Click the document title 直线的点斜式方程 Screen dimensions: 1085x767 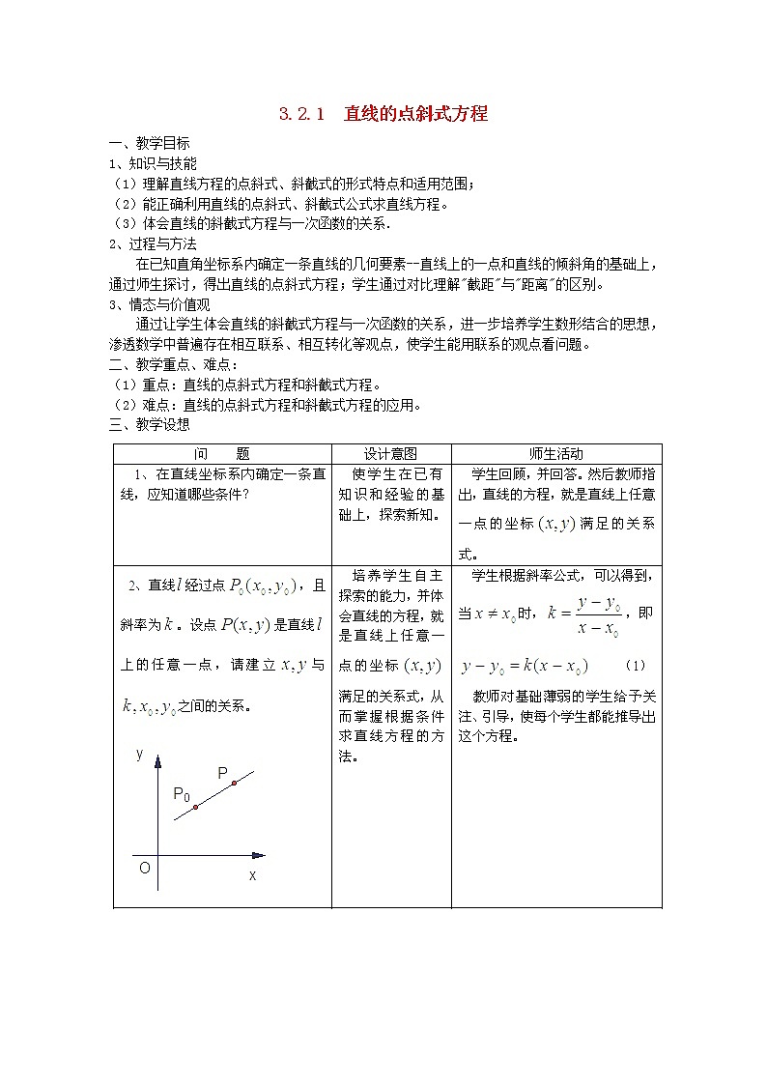click(415, 114)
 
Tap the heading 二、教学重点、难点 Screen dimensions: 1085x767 click(169, 365)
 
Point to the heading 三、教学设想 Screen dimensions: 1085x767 click(149, 424)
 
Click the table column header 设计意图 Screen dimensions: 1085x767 click(390, 453)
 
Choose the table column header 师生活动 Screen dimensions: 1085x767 click(556, 453)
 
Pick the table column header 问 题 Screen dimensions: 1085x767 click(222, 453)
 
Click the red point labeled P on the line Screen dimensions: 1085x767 click(234, 783)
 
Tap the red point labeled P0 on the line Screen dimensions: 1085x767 click(195, 807)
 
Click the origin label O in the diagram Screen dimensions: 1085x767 click(144, 868)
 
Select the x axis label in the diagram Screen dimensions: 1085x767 click(253, 875)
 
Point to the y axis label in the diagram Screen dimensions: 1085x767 click(140, 754)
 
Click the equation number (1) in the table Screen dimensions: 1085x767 click(636, 666)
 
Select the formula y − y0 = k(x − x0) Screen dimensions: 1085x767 click(525, 666)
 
